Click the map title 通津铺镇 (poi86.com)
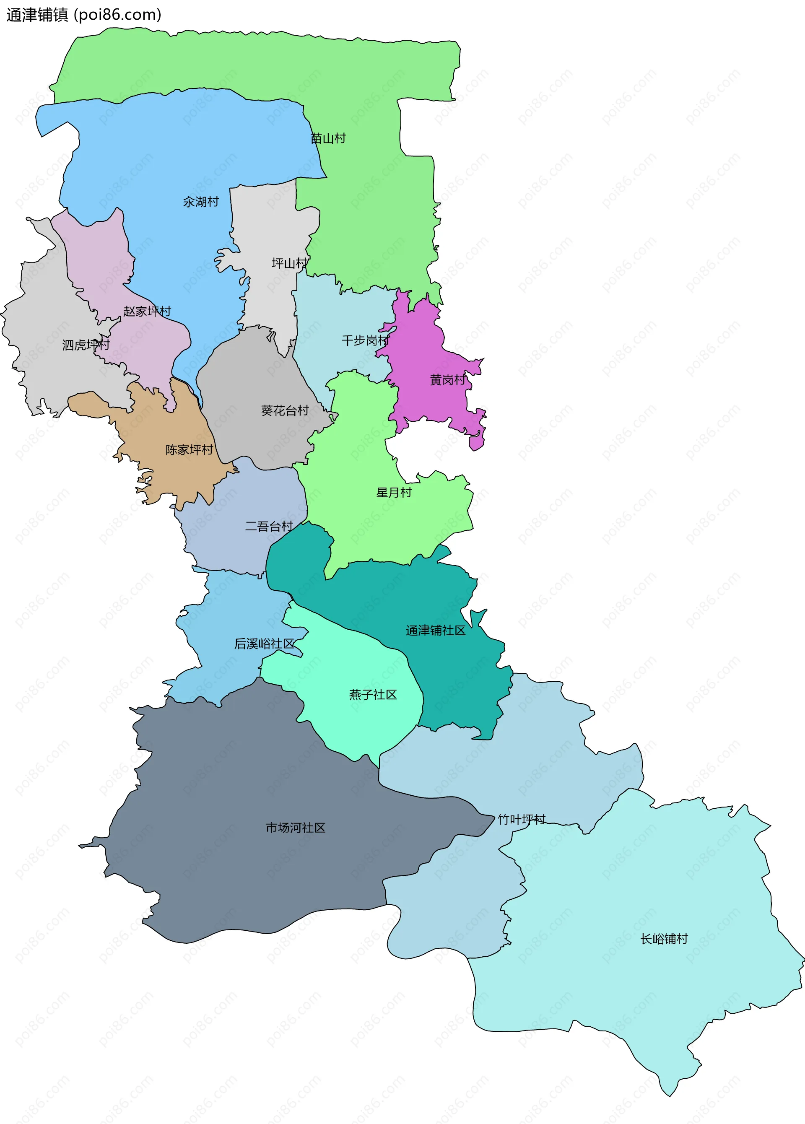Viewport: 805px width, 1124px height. click(x=83, y=15)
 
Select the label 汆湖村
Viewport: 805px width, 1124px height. click(x=201, y=202)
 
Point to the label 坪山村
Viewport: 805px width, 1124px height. click(x=289, y=263)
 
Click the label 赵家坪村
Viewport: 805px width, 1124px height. click(x=147, y=311)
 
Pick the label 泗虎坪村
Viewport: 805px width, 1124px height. click(x=86, y=345)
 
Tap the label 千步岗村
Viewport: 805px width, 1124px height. click(x=365, y=340)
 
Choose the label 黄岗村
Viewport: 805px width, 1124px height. click(x=448, y=379)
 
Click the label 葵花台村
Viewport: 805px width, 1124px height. click(x=285, y=410)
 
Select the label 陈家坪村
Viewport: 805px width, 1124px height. click(x=189, y=449)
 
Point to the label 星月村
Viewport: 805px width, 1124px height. click(x=394, y=493)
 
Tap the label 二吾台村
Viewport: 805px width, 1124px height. click(x=269, y=526)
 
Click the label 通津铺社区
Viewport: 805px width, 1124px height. click(x=436, y=631)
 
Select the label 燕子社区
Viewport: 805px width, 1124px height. click(x=373, y=695)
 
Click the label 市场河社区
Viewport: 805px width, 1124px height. click(x=296, y=828)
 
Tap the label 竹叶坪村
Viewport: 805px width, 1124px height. click(x=522, y=819)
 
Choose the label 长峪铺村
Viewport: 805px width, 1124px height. click(x=664, y=939)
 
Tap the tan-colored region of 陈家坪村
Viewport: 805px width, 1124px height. click(x=169, y=476)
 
